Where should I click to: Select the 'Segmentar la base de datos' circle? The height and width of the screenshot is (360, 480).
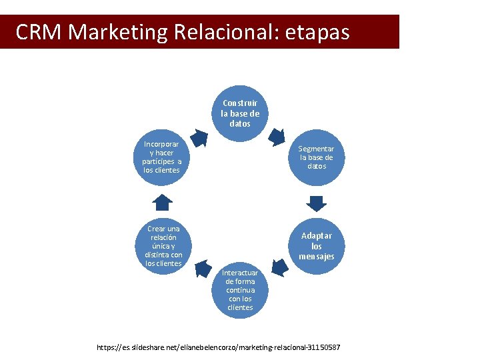(x=317, y=157)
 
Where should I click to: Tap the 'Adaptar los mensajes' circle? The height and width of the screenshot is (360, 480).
(x=317, y=246)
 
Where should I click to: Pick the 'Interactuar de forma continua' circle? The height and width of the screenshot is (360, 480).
(x=240, y=290)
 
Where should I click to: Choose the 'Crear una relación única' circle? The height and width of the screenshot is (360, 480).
(x=163, y=246)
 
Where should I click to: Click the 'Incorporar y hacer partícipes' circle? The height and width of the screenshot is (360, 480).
(x=162, y=157)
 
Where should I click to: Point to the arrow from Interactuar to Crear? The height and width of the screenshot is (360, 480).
(x=202, y=267)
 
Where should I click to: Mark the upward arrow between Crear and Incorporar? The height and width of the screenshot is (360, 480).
(x=163, y=202)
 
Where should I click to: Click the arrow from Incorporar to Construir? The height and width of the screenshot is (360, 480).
(x=199, y=136)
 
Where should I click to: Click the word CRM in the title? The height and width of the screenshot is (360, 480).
(x=39, y=32)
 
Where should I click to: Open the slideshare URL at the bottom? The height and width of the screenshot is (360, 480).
(x=219, y=347)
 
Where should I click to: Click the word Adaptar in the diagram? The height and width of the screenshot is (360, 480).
(x=317, y=235)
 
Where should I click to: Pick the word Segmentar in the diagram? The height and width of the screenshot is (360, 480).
(x=317, y=149)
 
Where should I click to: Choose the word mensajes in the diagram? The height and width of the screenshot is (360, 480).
(x=317, y=257)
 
